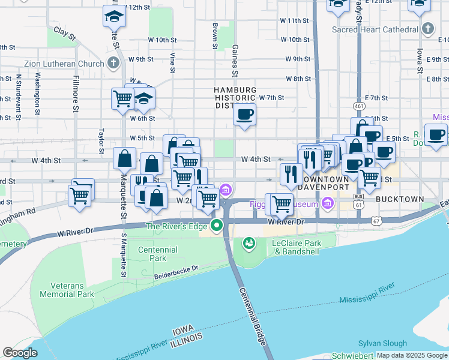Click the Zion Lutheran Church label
pyautogui.click(x=64, y=63)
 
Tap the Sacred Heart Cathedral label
pyautogui.click(x=376, y=29)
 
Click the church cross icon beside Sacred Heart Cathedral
pyautogui.click(x=427, y=28)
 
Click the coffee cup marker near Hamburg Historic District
pyautogui.click(x=245, y=115)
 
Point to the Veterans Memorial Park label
pyautogui.click(x=67, y=290)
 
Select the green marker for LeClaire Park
pyautogui.click(x=249, y=243)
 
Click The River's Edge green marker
pyautogui.click(x=217, y=226)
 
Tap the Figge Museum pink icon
pyautogui.click(x=328, y=204)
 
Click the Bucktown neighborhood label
pyautogui.click(x=400, y=199)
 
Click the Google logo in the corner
pyautogui.click(x=20, y=353)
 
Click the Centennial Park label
pyautogui.click(x=157, y=253)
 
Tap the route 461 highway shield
pyautogui.click(x=360, y=106)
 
